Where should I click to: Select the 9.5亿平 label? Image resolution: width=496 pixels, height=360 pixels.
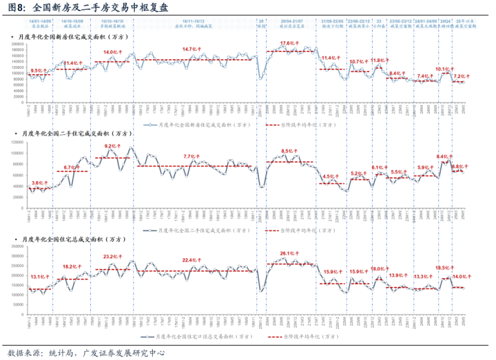(39, 71)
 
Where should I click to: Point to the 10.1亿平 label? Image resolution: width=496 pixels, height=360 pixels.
(443, 70)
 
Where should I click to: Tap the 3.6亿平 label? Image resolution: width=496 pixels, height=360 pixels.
(40, 182)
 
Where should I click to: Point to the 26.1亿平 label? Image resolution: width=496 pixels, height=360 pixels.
(288, 254)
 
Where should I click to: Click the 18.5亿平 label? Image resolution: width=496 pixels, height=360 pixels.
(443, 267)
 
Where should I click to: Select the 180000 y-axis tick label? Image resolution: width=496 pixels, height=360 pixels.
(18, 46)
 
